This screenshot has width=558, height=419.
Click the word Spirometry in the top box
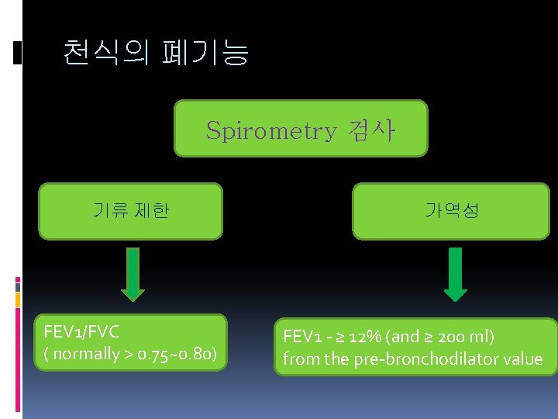tap(271, 131)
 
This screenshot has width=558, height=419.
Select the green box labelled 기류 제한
tap(130, 210)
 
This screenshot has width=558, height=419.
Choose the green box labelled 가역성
tap(451, 210)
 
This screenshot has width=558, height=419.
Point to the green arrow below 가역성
tap(455, 274)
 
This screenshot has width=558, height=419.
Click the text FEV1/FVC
tap(81, 333)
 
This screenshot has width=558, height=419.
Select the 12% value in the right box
tap(363, 337)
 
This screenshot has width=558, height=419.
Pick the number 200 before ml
tap(451, 337)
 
